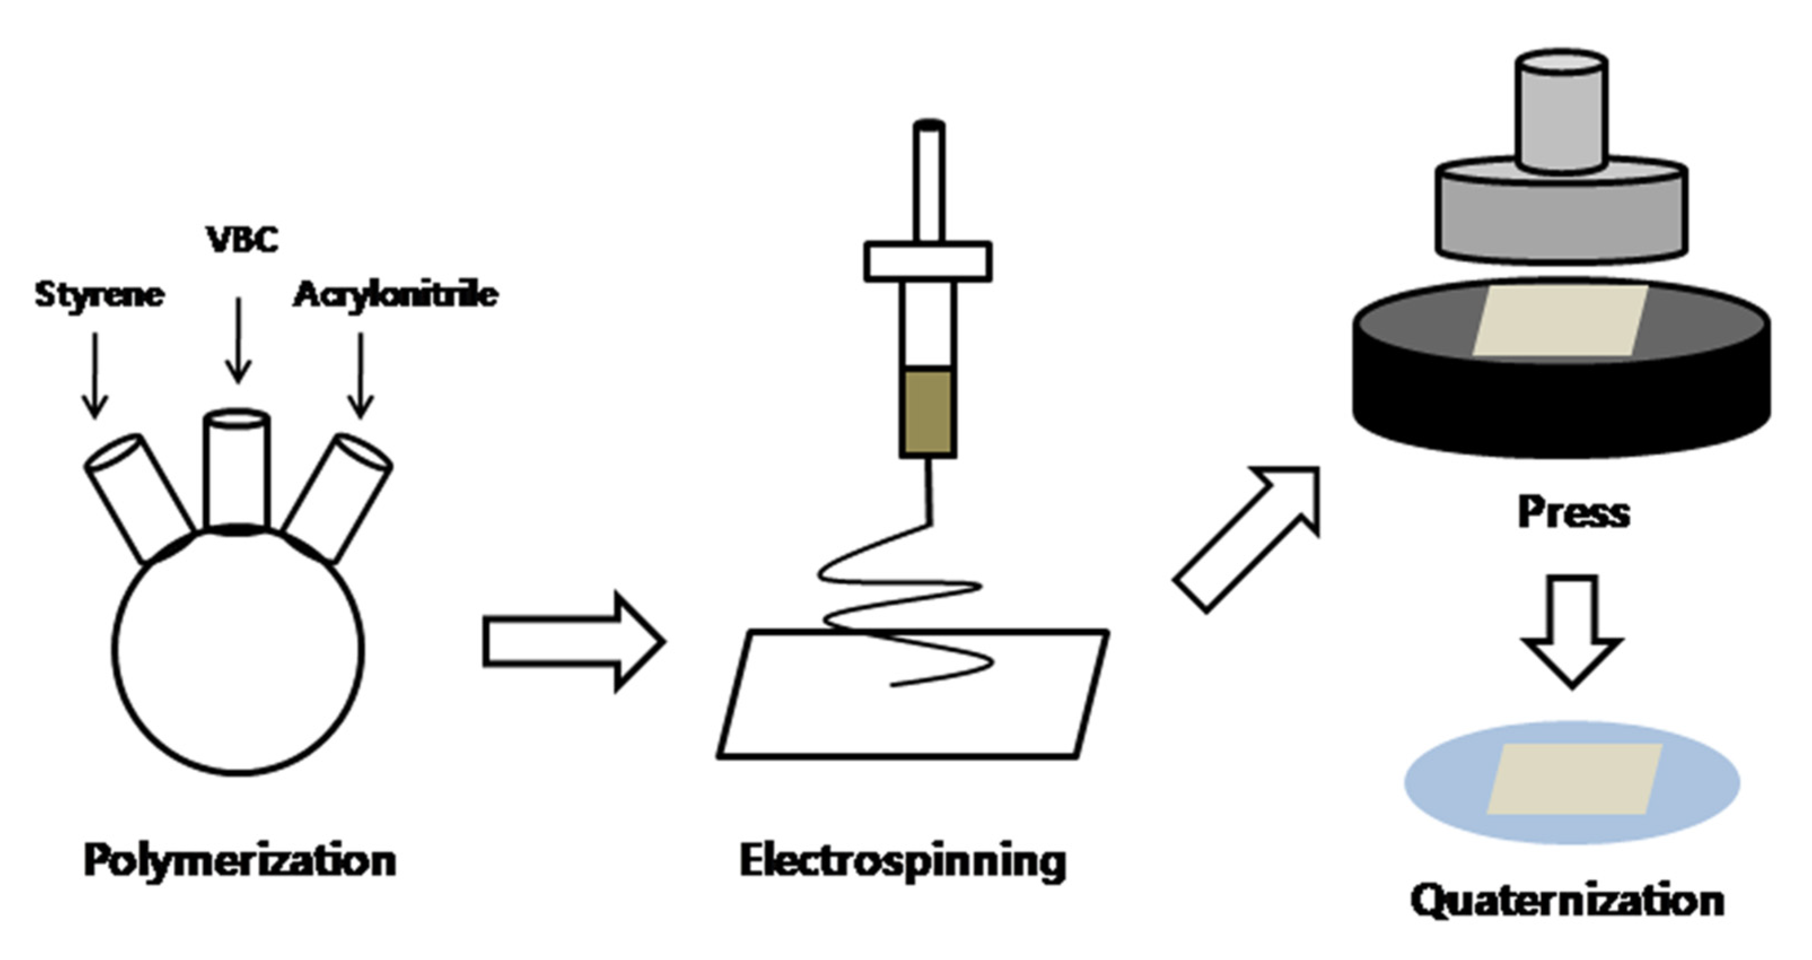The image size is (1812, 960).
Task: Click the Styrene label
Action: (x=99, y=294)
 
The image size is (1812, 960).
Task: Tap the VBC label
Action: (x=242, y=239)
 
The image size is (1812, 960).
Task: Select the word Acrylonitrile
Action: (x=396, y=294)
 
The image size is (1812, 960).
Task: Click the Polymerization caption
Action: (x=240, y=860)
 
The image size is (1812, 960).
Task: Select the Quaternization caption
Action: (x=1568, y=901)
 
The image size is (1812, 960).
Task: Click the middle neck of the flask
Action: (x=236, y=468)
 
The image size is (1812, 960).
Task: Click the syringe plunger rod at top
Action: (x=928, y=183)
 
